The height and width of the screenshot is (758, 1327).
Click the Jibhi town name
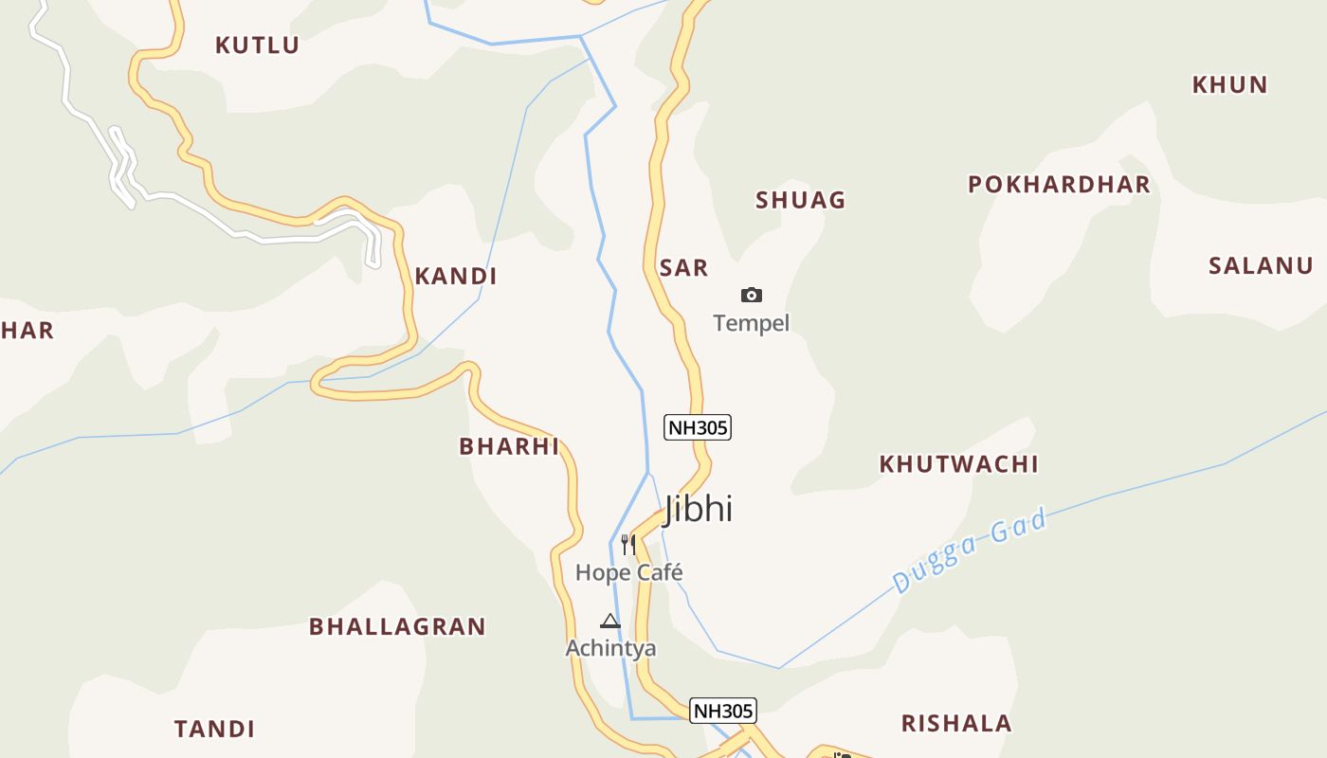click(x=699, y=509)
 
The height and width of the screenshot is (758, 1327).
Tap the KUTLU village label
click(x=257, y=45)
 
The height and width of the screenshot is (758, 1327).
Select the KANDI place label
click(x=456, y=277)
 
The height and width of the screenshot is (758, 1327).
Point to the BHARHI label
click(x=509, y=446)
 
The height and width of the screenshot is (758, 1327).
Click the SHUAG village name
click(x=800, y=200)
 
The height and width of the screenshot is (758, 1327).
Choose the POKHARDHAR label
click(x=1059, y=184)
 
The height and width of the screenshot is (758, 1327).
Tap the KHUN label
click(x=1229, y=84)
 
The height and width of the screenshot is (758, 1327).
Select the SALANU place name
click(x=1261, y=265)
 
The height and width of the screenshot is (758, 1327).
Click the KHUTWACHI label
click(x=958, y=463)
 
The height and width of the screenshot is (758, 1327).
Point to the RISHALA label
click(x=956, y=724)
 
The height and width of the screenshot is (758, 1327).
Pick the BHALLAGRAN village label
click(x=397, y=626)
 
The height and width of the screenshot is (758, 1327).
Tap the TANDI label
click(x=214, y=729)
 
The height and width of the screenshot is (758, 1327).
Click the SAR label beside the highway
click(x=683, y=268)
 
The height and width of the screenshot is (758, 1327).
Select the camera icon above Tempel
click(x=752, y=296)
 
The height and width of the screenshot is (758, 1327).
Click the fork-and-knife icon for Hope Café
click(x=627, y=544)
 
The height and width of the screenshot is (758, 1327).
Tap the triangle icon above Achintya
click(x=610, y=622)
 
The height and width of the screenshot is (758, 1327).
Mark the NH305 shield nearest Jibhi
click(x=698, y=427)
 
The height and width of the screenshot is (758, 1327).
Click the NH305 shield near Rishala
click(x=722, y=711)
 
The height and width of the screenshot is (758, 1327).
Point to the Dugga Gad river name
click(x=970, y=550)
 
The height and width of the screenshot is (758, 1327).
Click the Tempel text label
click(x=752, y=323)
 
